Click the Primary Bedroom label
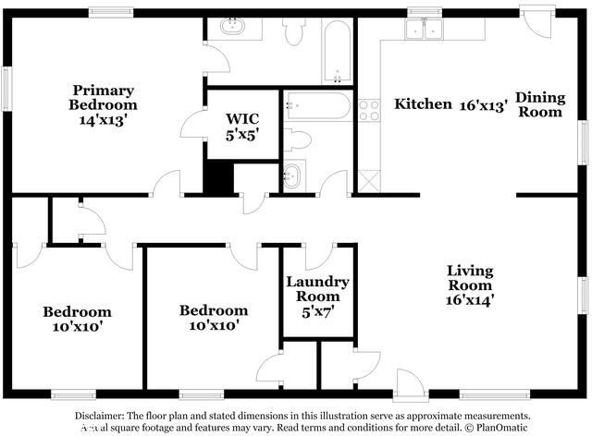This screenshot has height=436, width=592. [x=104, y=104]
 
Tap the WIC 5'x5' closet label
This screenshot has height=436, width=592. [x=241, y=126]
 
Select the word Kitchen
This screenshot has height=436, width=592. [x=423, y=104]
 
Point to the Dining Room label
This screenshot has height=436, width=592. [x=538, y=104]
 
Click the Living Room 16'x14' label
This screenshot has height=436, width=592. [x=470, y=285]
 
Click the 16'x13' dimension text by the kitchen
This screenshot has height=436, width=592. [x=484, y=104]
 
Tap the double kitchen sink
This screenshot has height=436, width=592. [x=425, y=29]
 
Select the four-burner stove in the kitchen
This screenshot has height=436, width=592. [x=369, y=110]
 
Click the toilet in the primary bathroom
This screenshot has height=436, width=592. [x=295, y=32]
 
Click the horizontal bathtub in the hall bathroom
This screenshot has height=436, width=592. [x=317, y=105]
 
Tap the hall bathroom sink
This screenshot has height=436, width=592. [x=293, y=175]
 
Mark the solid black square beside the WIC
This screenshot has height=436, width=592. [x=217, y=178]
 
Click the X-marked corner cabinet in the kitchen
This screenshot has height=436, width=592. [x=369, y=179]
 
